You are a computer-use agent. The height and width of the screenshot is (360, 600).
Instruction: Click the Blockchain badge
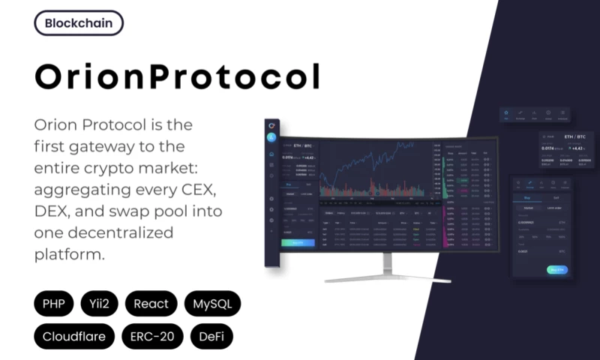click(x=79, y=22)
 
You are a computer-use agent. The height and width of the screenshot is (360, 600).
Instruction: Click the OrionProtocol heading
click(x=178, y=76)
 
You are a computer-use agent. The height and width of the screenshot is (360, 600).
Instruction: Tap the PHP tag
click(x=54, y=304)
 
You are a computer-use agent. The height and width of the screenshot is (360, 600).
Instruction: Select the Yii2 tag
click(x=100, y=304)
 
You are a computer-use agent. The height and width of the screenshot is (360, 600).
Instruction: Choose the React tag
click(x=151, y=304)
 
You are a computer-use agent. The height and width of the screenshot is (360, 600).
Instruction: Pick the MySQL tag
click(x=212, y=304)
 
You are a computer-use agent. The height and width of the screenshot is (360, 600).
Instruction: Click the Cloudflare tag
click(x=74, y=336)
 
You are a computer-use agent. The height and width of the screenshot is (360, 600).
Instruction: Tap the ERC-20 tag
click(x=151, y=336)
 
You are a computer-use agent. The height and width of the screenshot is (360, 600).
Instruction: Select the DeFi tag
click(x=212, y=336)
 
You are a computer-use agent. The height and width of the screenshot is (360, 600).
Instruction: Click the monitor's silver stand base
click(x=387, y=279)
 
